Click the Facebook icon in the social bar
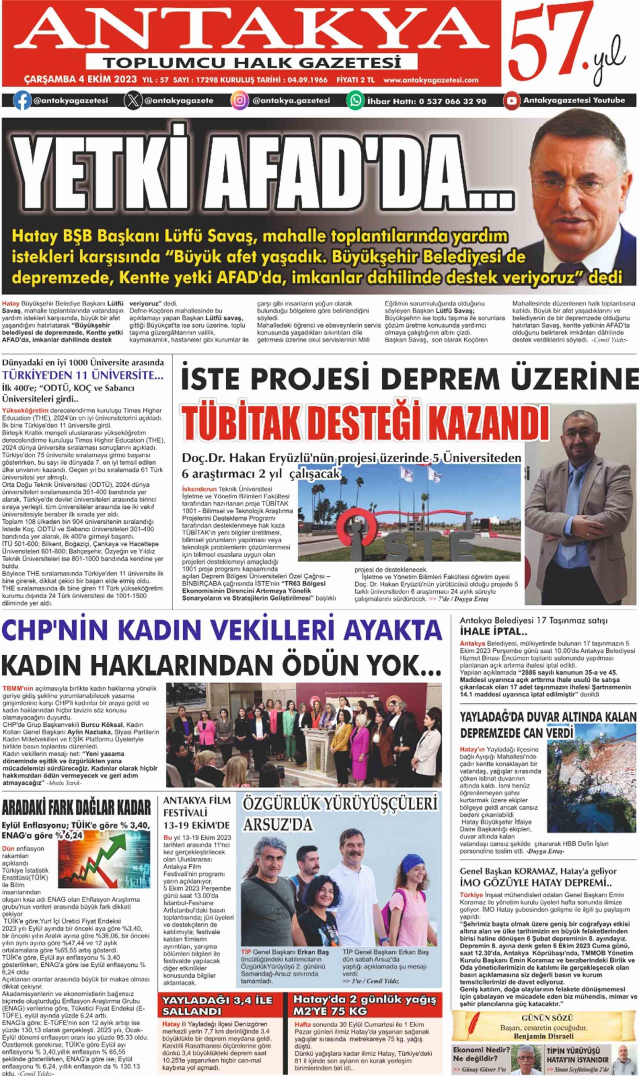22,101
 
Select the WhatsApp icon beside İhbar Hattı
356,101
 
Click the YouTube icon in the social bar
512,101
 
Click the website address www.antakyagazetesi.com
430,80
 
